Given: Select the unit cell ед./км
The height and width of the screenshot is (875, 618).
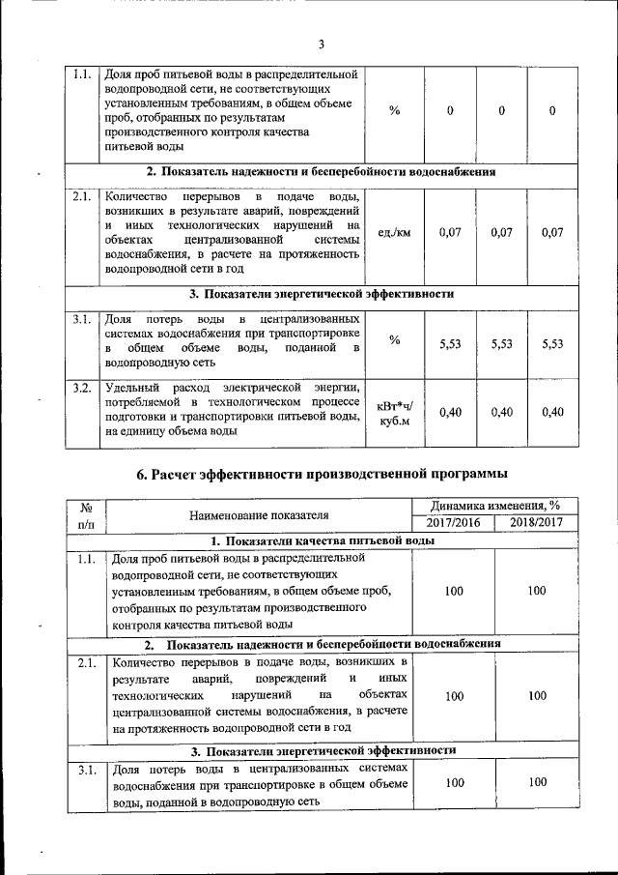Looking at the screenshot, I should [x=394, y=233].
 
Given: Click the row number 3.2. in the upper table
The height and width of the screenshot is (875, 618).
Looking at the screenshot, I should [x=83, y=388].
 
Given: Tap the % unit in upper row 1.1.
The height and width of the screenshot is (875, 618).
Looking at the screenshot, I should [x=394, y=111].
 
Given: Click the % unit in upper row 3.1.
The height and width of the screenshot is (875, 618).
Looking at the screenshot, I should [x=394, y=339].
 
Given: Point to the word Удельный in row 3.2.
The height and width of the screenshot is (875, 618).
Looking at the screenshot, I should [x=130, y=388].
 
